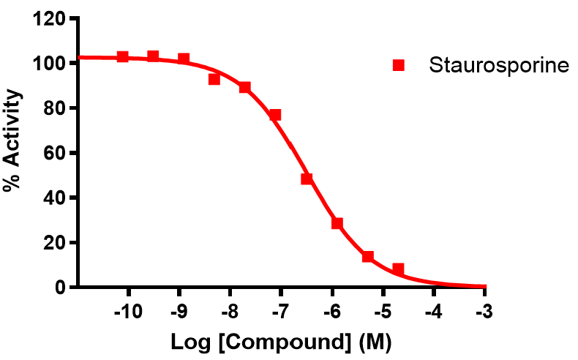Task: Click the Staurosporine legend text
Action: (498, 65)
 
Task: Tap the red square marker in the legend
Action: (399, 65)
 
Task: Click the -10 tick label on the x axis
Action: (129, 311)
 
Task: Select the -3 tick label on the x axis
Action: (483, 311)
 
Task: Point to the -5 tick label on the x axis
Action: (382, 311)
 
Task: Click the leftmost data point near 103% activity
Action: (123, 57)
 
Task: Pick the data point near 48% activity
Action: (307, 179)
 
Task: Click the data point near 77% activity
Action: (275, 115)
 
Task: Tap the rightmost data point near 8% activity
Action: (398, 269)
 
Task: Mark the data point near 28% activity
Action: (337, 223)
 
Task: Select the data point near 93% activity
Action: (214, 79)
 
